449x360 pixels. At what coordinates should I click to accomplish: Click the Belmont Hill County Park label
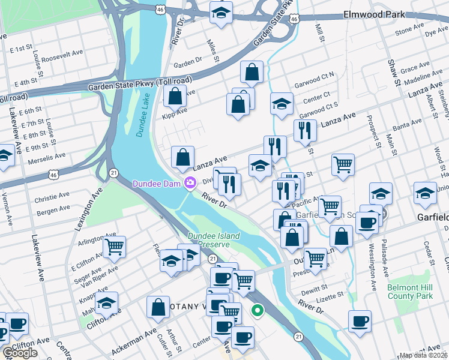pos(410,292)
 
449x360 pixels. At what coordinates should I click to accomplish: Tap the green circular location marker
pos(258,311)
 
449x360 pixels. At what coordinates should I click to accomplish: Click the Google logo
pos(20,353)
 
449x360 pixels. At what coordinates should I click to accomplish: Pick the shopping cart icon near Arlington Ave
pos(114,245)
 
